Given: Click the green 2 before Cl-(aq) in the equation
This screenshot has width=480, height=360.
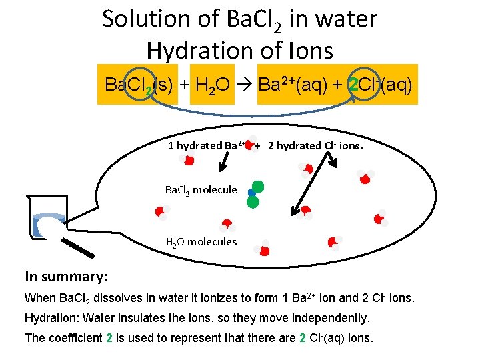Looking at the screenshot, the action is (x=355, y=86).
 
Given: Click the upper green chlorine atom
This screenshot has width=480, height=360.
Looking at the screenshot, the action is (x=258, y=186).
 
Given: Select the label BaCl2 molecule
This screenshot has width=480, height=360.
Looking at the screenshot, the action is (x=201, y=190).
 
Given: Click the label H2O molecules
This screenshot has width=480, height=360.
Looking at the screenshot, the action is (x=201, y=241).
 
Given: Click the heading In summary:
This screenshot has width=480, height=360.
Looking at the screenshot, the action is (x=66, y=276).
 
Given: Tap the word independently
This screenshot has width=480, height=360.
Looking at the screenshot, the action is (x=333, y=317).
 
